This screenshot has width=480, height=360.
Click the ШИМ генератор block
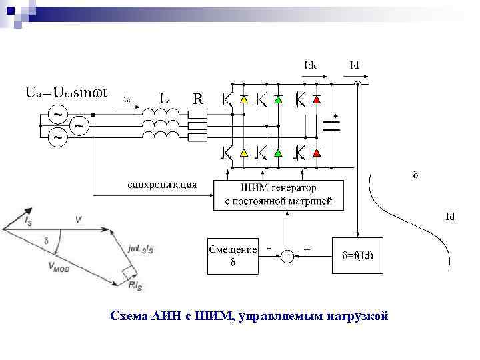[x=279, y=195]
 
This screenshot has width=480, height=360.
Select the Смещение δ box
[x=233, y=255]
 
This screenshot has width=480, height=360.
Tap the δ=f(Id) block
[x=362, y=255]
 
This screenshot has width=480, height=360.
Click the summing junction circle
[x=287, y=255]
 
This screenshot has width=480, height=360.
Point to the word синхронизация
[x=162, y=183]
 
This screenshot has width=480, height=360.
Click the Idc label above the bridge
[x=311, y=65]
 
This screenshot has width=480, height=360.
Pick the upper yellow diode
[x=243, y=99]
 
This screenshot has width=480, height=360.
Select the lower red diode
[x=316, y=153]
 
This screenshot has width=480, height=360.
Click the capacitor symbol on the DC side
[x=331, y=126]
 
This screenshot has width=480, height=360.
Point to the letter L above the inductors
[x=164, y=98]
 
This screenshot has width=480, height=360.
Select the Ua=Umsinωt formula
[x=67, y=91]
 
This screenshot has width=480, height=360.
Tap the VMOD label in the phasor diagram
[x=59, y=265]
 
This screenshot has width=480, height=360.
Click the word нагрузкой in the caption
[x=357, y=315]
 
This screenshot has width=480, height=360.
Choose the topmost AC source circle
[x=59, y=114]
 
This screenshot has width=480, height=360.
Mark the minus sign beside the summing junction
[x=268, y=248]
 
